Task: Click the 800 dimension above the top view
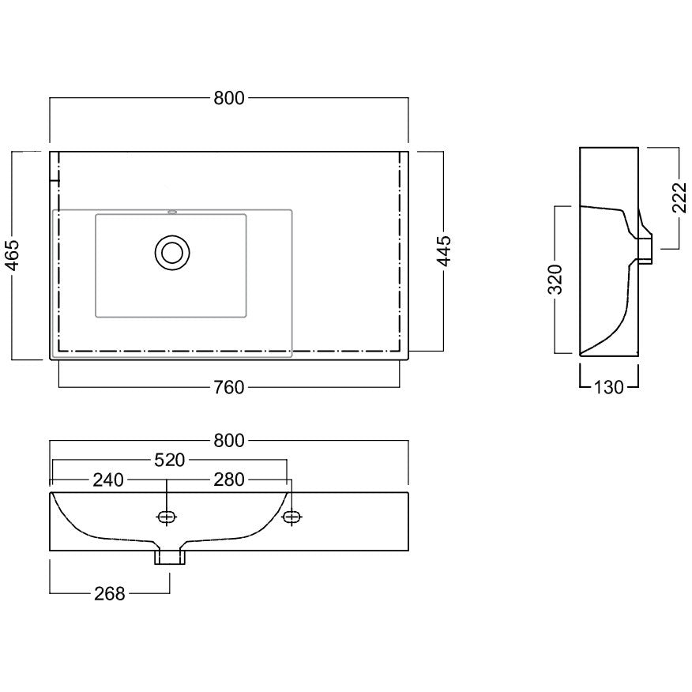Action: [228, 98]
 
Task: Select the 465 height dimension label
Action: [12, 255]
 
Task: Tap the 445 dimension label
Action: [444, 251]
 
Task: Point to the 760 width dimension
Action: [228, 388]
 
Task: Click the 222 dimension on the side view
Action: [680, 197]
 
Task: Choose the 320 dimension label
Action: [555, 280]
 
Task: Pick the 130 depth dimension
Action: [608, 388]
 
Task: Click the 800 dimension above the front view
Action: [228, 441]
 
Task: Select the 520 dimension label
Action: [170, 461]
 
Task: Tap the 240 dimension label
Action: [108, 480]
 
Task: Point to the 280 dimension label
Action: [228, 480]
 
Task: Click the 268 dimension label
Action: [110, 594]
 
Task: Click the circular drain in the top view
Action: [172, 253]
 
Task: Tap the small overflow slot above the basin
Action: [172, 212]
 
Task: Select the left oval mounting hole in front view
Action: [167, 517]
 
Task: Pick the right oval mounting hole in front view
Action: [292, 517]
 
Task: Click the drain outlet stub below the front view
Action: [170, 557]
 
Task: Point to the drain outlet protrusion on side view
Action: [645, 250]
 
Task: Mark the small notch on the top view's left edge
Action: [55, 180]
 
